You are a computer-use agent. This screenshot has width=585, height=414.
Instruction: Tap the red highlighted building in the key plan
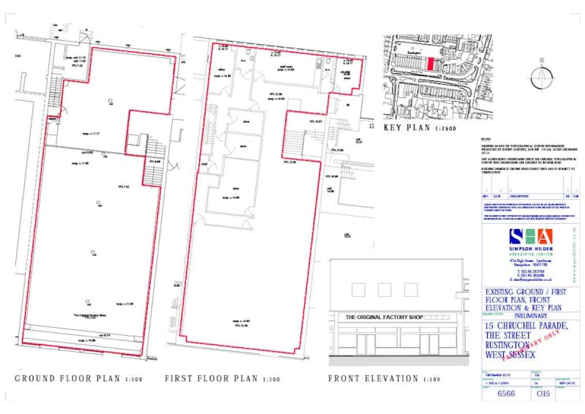tap(430, 64)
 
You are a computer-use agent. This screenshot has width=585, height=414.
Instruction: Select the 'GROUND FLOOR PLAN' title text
tap(68, 379)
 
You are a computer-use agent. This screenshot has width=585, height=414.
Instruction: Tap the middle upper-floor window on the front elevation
tap(384, 290)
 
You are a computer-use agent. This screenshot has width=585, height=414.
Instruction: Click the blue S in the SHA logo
tap(516, 237)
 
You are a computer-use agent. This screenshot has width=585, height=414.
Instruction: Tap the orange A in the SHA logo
tap(545, 237)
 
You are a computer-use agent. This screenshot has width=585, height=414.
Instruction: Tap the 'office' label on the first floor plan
tap(223, 70)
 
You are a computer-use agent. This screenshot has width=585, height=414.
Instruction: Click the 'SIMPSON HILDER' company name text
tap(531, 249)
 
